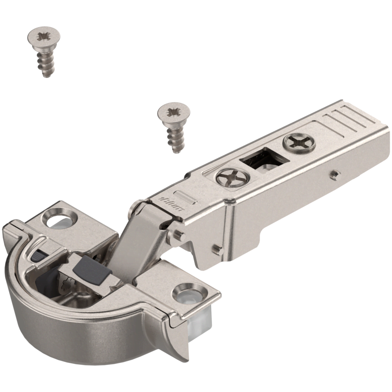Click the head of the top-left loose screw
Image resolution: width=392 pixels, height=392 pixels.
(44, 36)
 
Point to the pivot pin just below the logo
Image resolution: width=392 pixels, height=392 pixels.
(178, 235)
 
